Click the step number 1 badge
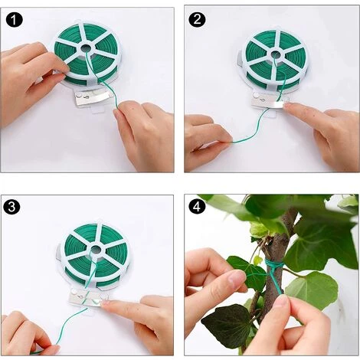15,20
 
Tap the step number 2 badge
198,20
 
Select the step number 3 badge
11,207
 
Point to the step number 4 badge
197,207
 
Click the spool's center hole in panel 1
87,48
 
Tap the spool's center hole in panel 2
276,54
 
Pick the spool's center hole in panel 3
96,249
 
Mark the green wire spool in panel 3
97,254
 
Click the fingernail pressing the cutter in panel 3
105,303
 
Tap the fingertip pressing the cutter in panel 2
289,105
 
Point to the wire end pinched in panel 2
232,142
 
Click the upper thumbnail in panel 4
235,277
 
